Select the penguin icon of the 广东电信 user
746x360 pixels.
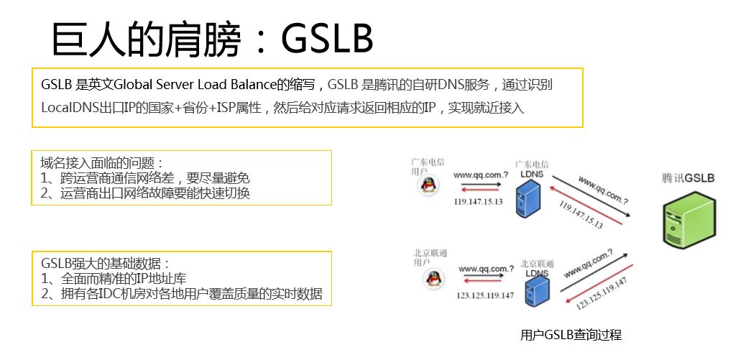[428, 186]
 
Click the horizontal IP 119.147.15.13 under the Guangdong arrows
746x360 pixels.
[478, 202]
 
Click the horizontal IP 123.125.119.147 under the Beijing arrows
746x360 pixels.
[485, 295]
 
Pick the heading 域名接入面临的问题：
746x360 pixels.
[102, 163]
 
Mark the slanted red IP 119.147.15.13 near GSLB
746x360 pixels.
[580, 214]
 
